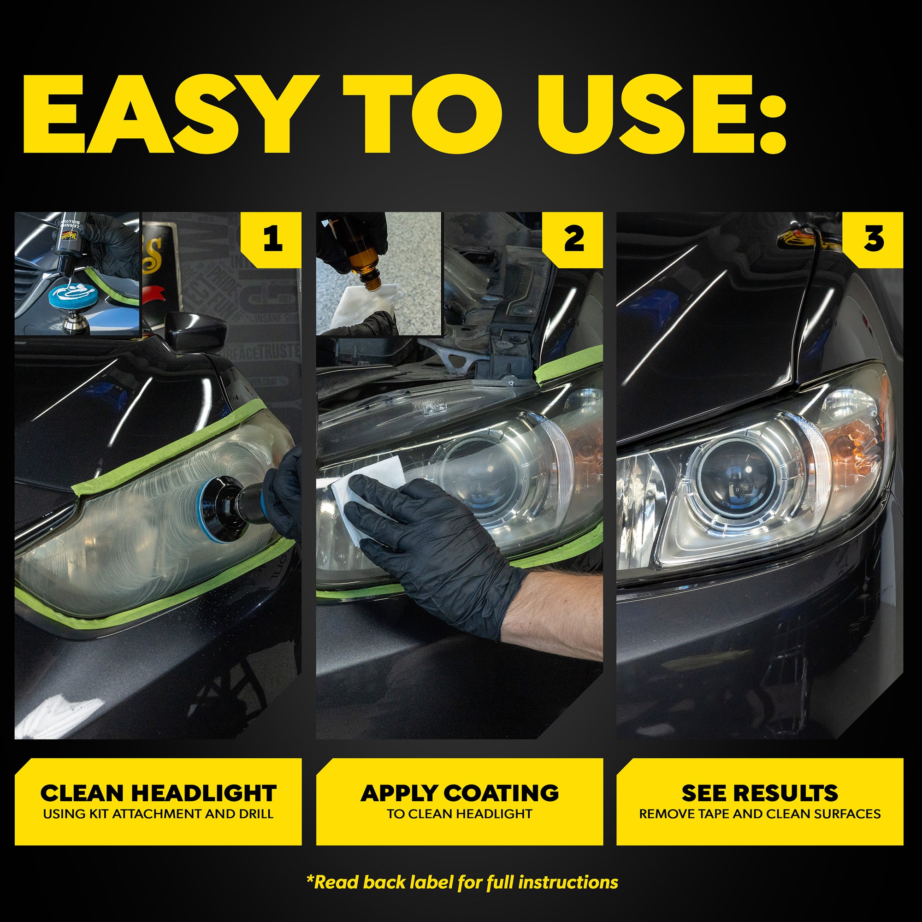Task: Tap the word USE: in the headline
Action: pos(661,114)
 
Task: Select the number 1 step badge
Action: pos(272,239)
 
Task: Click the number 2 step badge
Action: pos(573,239)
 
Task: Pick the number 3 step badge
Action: pos(874,239)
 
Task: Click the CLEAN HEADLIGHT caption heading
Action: pos(158,793)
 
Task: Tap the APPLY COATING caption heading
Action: pos(460,793)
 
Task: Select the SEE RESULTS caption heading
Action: pos(760,793)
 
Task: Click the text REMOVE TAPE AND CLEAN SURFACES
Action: pos(760,814)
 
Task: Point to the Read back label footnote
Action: pos(462,882)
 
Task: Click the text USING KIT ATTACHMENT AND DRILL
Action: pos(158,814)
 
